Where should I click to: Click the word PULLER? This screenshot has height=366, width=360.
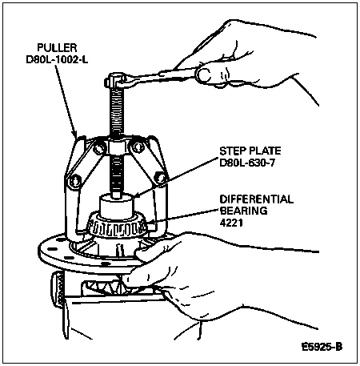(x=57, y=47)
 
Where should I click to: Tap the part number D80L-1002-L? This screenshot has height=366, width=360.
(x=57, y=59)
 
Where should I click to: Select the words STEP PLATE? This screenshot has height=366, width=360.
(x=250, y=151)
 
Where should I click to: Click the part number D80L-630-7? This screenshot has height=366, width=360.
(x=246, y=163)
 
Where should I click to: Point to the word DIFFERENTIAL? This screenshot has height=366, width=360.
(x=256, y=199)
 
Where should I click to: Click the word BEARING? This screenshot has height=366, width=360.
(x=243, y=211)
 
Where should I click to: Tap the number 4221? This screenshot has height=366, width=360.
(x=231, y=223)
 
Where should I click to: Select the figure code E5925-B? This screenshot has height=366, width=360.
(x=322, y=347)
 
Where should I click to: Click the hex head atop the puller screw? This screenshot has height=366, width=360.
(x=114, y=79)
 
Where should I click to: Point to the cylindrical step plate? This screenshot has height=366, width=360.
(x=117, y=206)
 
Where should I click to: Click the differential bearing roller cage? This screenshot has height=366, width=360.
(x=117, y=227)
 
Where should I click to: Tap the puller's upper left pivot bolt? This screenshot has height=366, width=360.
(x=98, y=148)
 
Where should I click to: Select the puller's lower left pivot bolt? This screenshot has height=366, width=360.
(x=74, y=181)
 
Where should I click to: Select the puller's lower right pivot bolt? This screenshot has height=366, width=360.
(x=160, y=178)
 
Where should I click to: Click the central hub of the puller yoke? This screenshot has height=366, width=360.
(x=117, y=147)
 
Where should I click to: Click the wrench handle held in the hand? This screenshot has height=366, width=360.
(x=166, y=75)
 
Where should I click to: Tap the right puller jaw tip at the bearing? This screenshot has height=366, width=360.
(x=151, y=227)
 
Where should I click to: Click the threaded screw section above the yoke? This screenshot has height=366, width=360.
(x=117, y=112)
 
